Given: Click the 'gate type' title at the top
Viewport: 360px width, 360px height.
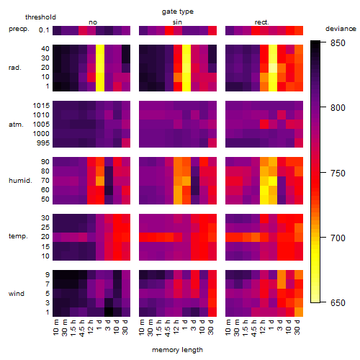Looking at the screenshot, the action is pos(178,12).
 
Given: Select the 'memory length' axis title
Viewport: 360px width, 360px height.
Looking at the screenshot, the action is pos(177,350).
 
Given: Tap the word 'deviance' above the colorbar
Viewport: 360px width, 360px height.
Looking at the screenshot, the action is pos(341,29).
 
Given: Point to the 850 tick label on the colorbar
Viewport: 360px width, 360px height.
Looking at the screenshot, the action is pos(338,43).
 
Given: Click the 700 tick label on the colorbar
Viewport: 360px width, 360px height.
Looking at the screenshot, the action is pos(338,238).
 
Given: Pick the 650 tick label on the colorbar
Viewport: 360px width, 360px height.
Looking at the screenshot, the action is pos(338,303).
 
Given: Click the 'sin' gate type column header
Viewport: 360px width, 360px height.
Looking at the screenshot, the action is pos(177,22).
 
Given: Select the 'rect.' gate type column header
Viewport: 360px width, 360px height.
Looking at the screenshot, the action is pos(261,22).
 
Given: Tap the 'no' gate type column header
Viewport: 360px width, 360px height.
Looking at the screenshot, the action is pos(93,22).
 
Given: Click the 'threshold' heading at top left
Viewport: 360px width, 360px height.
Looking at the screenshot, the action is pos(40,17).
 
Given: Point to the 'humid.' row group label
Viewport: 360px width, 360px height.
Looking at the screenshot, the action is pos(20,181).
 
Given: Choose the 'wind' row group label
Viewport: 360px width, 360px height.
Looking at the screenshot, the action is pos(17,294).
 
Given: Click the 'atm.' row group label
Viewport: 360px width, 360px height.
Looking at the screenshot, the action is pos(16,125).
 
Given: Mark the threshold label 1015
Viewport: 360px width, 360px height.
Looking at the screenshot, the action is pos(41,106).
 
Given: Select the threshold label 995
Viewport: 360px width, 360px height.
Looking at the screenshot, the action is pos(43,143).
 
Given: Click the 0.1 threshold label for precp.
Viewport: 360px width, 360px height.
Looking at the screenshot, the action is pos(44,30).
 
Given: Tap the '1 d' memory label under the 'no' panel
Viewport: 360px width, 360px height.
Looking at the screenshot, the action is pos(99,325).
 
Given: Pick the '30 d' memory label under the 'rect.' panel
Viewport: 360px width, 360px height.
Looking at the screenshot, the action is pos(297,327).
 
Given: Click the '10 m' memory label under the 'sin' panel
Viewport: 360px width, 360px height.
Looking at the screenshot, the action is pos(143,328).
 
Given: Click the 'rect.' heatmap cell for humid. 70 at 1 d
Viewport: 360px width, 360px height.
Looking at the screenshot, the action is pos(273,181).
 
